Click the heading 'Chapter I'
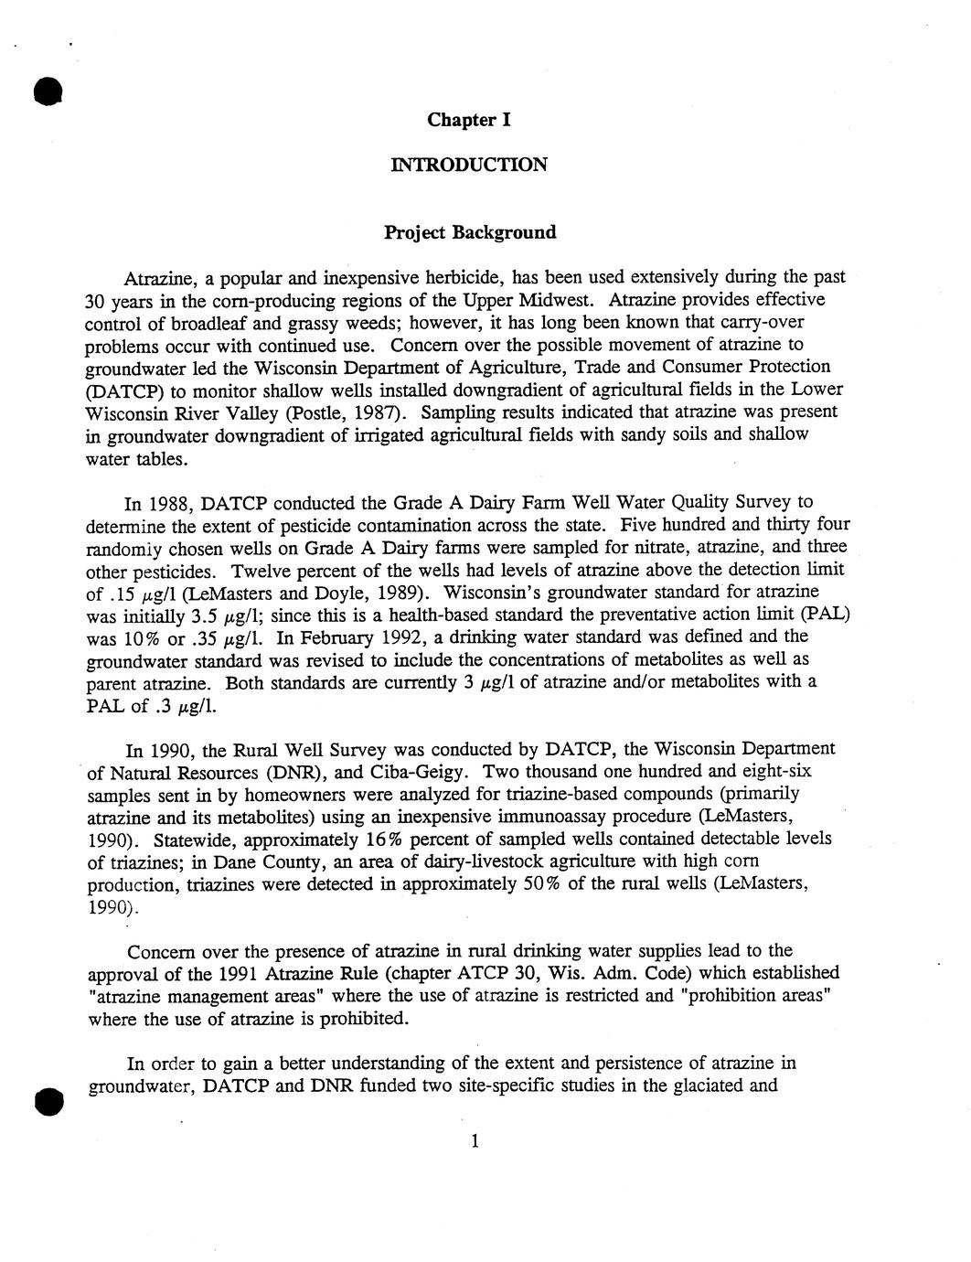coord(469,120)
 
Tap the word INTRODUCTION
coord(469,165)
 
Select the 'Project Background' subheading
coord(469,232)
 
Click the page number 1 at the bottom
coord(474,1140)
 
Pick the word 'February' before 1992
coord(340,636)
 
